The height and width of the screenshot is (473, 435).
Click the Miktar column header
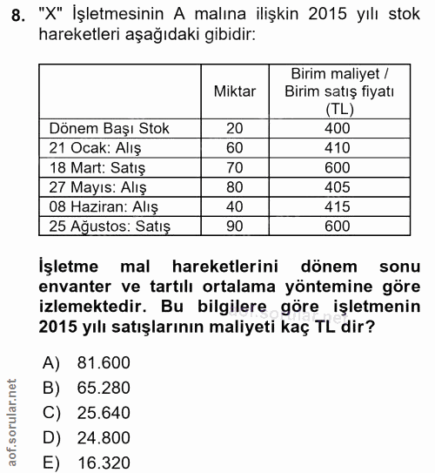tap(234, 90)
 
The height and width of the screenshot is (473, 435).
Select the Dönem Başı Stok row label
tap(110, 129)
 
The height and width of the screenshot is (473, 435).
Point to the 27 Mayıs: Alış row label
tap(98, 187)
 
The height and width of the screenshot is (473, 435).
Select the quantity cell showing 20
tap(234, 129)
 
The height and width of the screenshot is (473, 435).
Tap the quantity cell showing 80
tap(234, 187)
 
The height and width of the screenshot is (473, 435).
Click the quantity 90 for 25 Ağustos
tap(234, 226)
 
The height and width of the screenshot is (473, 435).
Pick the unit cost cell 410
tap(337, 148)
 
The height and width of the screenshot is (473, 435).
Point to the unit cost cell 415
tap(337, 207)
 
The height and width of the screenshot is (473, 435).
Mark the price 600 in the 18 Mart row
tap(337, 168)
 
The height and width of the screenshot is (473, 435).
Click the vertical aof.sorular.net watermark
tap(10, 422)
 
